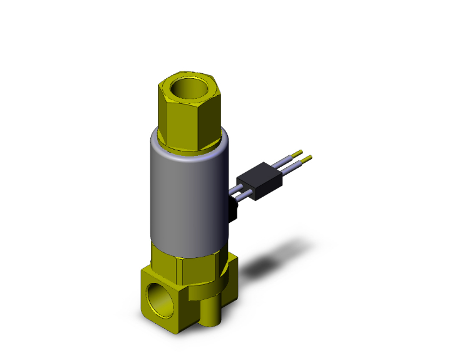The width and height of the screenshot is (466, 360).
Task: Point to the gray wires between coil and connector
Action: point(240,188)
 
